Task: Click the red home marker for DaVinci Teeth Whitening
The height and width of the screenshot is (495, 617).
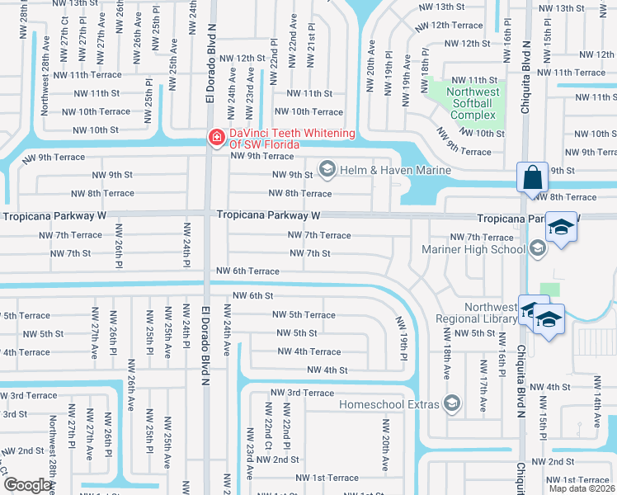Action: point(216,138)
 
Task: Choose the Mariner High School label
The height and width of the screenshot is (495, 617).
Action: point(473,249)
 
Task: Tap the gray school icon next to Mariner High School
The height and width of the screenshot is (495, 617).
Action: point(538,248)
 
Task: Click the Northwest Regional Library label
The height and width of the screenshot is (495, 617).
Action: point(478,313)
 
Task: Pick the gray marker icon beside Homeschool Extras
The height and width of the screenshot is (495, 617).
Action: point(451,403)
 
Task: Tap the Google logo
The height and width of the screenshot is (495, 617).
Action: point(27,485)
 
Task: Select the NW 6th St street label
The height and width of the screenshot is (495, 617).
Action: point(252,295)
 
